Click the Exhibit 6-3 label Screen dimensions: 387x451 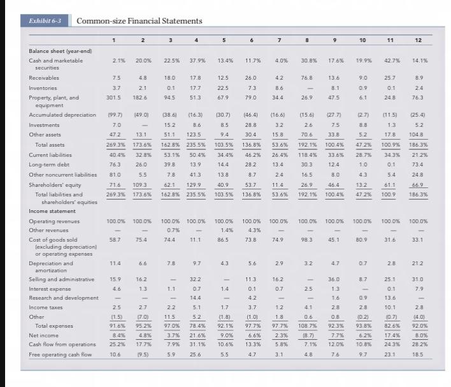[x=45, y=21]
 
